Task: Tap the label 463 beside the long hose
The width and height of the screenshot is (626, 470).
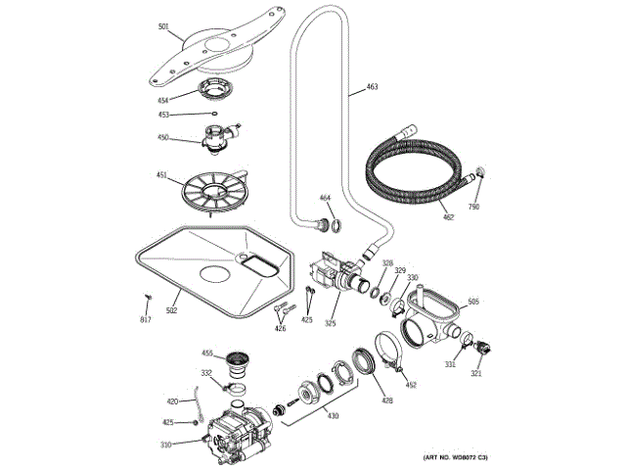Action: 372,88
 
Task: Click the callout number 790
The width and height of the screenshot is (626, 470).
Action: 474,208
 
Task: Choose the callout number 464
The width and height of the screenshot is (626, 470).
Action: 326,200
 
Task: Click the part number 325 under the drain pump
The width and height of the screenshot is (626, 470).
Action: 331,323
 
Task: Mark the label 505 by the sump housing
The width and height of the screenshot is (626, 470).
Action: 473,302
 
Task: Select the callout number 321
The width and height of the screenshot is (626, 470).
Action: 476,372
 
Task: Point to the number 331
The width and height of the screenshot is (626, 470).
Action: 450,364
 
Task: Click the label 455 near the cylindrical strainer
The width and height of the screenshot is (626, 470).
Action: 207,352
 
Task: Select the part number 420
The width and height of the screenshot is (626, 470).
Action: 172,401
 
